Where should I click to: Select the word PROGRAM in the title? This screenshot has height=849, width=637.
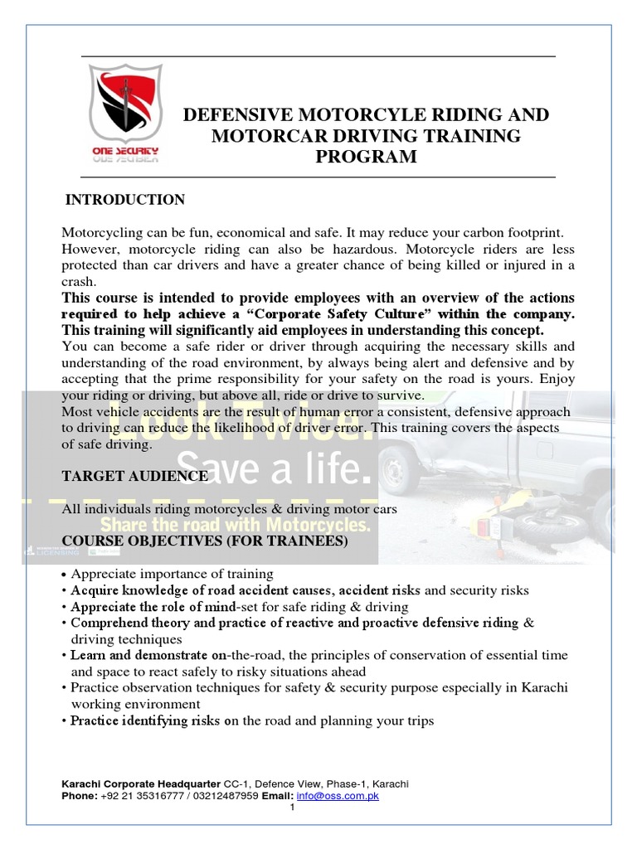[366, 157]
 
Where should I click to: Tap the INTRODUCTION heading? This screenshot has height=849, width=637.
[125, 200]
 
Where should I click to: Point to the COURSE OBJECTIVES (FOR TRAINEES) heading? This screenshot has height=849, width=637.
[205, 541]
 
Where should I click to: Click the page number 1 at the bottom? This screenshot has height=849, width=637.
[292, 808]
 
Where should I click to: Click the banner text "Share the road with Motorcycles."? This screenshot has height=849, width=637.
[235, 526]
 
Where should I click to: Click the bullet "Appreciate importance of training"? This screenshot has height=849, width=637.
[172, 574]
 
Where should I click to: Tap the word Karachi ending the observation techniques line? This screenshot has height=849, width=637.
[545, 687]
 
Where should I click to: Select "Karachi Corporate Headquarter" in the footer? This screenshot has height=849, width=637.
[141, 784]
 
